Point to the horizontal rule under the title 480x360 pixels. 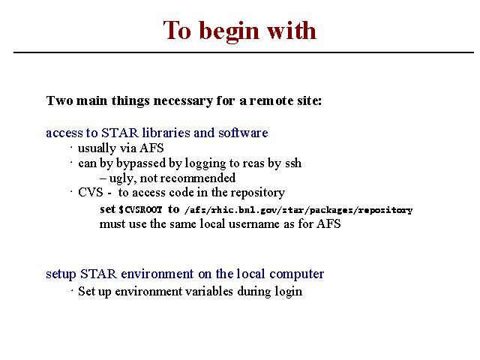tap(244, 52)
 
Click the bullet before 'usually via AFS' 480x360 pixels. tap(71, 148)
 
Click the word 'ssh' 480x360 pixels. tap(293, 163)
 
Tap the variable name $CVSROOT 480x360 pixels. tap(140, 210)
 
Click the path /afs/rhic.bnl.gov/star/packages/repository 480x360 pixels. tap(298, 210)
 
